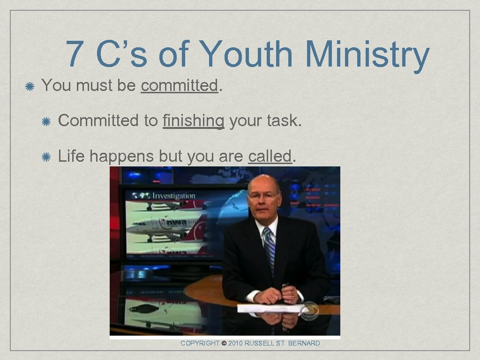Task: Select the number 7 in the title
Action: pyautogui.click(x=74, y=54)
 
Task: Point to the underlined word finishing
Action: pyautogui.click(x=193, y=121)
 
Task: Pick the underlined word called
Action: pyautogui.click(x=270, y=156)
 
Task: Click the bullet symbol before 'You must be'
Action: pyautogui.click(x=30, y=86)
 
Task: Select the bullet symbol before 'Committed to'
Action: pyautogui.click(x=46, y=121)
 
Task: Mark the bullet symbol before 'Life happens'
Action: pyautogui.click(x=46, y=157)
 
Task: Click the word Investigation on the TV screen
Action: pyautogui.click(x=173, y=195)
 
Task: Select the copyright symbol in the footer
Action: pyautogui.click(x=224, y=344)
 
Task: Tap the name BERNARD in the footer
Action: pyautogui.click(x=305, y=344)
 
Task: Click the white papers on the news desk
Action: pyautogui.click(x=270, y=308)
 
